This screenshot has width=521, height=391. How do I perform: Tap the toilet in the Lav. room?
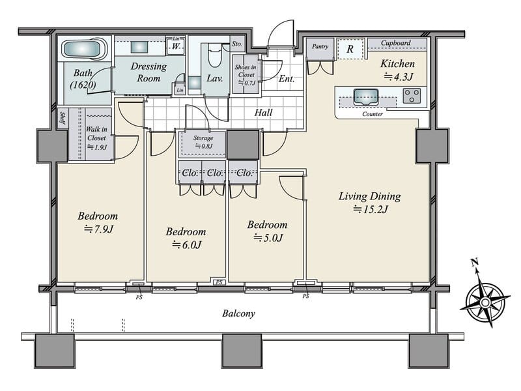pyautogui.click(x=215, y=56)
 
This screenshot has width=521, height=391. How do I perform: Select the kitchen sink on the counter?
pyautogui.click(x=366, y=96)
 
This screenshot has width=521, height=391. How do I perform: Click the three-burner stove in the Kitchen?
pyautogui.click(x=412, y=95)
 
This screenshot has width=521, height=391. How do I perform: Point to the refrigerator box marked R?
pyautogui.click(x=350, y=49)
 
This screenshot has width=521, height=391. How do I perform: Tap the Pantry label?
pyautogui.click(x=320, y=46)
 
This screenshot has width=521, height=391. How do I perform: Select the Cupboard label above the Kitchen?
pyautogui.click(x=396, y=43)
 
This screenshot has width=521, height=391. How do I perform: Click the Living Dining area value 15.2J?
pyautogui.click(x=371, y=209)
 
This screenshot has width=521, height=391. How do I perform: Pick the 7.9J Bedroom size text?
pyautogui.click(x=99, y=229)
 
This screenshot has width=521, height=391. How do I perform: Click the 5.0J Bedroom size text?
pyautogui.click(x=268, y=238)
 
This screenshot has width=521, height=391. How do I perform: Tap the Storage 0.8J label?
pyautogui.click(x=203, y=141)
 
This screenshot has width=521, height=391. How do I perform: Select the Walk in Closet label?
pyautogui.click(x=96, y=138)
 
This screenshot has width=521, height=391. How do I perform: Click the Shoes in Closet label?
pyautogui.click(x=246, y=75)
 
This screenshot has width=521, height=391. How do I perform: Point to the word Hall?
pyautogui.click(x=264, y=113)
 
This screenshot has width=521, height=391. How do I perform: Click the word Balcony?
pyautogui.click(x=238, y=313)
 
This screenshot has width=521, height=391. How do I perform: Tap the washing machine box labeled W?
pyautogui.click(x=176, y=46)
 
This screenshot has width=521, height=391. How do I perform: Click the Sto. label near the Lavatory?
pyautogui.click(x=237, y=44)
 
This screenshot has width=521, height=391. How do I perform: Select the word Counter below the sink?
pyautogui.click(x=373, y=114)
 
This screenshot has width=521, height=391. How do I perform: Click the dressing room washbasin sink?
pyautogui.click(x=139, y=47)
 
